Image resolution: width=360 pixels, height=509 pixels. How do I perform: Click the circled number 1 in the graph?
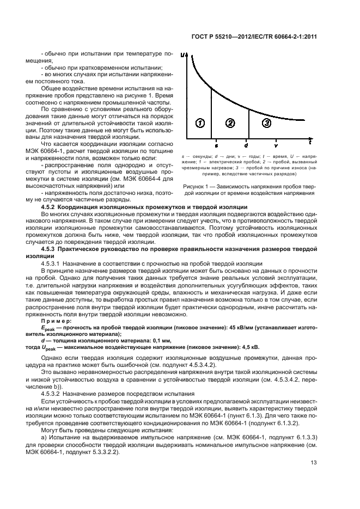[200, 124]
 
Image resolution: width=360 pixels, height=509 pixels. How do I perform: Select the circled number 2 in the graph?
[230, 124]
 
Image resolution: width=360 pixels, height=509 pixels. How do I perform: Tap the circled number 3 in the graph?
[266, 124]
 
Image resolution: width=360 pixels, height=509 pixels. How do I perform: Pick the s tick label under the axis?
[216, 146]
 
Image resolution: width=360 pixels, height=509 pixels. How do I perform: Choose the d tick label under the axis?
[246, 146]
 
